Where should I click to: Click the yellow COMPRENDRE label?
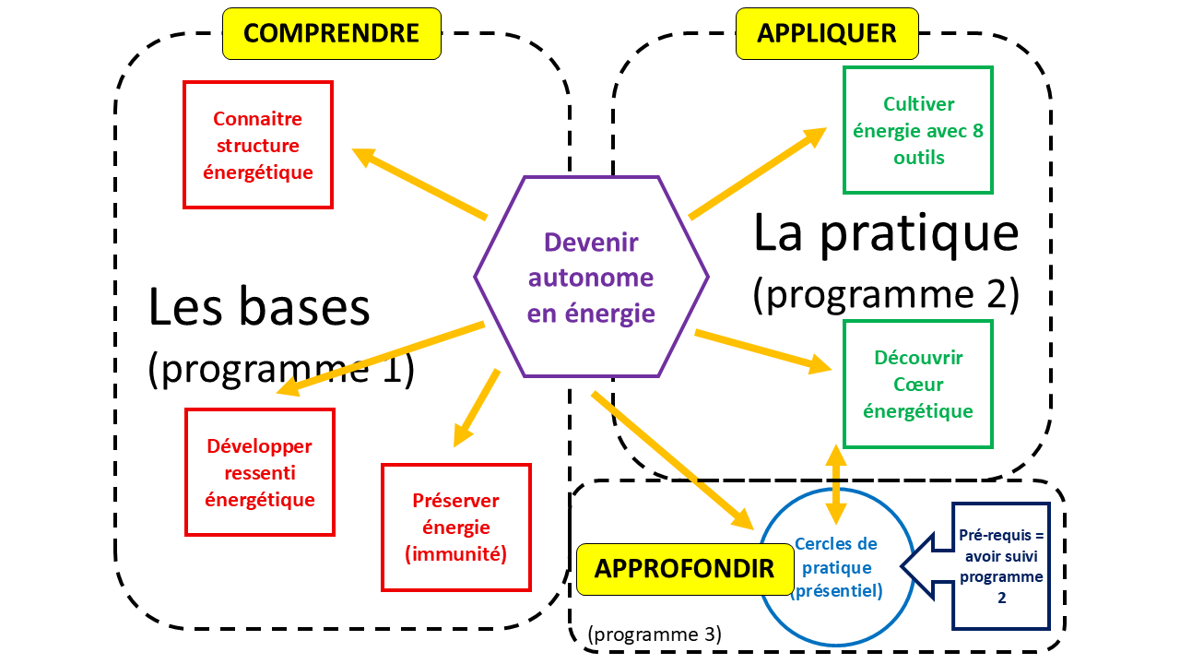[x=332, y=34]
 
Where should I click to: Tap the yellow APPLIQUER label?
[x=827, y=34]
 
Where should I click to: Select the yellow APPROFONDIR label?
[x=684, y=569]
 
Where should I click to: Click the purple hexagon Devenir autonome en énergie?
[x=591, y=276]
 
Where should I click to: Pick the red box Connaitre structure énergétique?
[x=257, y=145]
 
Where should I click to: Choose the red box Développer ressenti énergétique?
[x=259, y=472]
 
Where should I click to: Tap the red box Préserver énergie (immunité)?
[x=456, y=527]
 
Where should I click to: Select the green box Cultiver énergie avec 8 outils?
[x=918, y=130]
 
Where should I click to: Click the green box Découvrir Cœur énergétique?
[x=918, y=384]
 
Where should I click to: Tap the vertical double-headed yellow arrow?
[x=836, y=485]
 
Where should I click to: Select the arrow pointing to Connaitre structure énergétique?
[x=419, y=184]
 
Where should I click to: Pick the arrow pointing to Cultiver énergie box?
[x=758, y=172]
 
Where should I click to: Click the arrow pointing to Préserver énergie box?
[x=477, y=409]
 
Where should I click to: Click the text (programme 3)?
[x=654, y=634]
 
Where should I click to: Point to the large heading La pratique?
[x=885, y=232]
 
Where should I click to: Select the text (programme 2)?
[x=885, y=294]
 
